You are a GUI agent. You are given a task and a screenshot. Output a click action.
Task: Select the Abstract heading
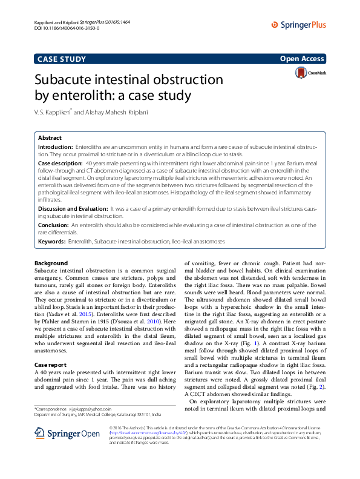(50, 138)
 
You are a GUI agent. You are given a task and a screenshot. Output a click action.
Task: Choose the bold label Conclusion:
(54, 225)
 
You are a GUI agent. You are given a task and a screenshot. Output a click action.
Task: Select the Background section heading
(51, 263)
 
